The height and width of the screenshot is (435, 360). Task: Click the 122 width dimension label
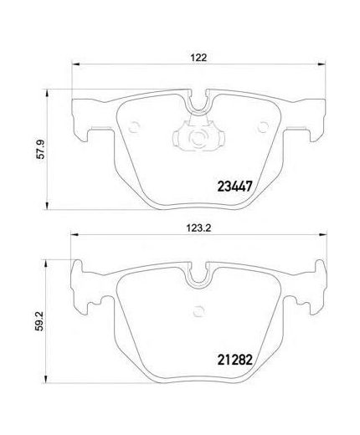199,58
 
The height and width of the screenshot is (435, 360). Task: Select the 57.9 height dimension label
41,149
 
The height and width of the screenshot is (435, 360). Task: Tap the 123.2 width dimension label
198,228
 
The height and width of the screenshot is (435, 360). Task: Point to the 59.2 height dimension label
40,321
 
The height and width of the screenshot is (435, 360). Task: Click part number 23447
234,187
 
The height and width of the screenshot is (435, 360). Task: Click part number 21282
234,360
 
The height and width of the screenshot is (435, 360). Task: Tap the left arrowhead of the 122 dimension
75,64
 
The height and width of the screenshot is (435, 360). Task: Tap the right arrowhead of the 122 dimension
321,64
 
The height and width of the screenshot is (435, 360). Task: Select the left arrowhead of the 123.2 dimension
74,235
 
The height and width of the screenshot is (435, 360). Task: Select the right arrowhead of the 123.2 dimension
323,235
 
